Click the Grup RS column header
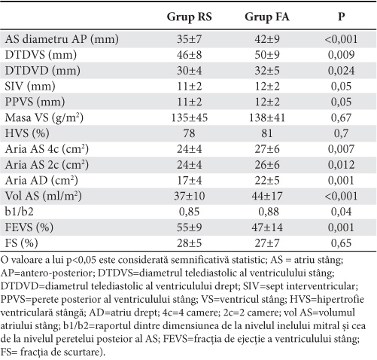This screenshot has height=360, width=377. click(x=189, y=17)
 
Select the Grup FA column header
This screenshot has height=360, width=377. click(x=267, y=17)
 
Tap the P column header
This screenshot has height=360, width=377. click(x=341, y=17)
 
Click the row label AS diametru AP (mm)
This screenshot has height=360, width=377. click(x=62, y=39)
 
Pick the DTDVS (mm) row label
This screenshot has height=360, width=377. click(x=41, y=55)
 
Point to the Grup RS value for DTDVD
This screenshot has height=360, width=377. click(x=189, y=71)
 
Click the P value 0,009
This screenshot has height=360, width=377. click(x=341, y=55)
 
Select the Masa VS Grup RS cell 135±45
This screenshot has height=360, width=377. click(x=189, y=117)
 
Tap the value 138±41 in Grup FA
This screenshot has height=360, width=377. click(x=267, y=117)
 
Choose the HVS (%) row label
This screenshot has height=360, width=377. click(x=27, y=133)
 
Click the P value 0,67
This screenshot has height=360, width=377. click(x=341, y=117)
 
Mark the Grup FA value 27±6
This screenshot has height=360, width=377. click(x=267, y=149)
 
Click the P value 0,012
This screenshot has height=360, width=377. click(x=341, y=165)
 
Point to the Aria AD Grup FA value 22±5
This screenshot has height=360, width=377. click(x=267, y=181)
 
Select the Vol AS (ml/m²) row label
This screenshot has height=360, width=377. click(x=44, y=196)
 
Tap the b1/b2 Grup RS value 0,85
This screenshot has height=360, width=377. click(x=189, y=212)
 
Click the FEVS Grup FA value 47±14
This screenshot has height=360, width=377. click(x=267, y=227)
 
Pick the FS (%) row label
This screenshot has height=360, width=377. click(x=21, y=243)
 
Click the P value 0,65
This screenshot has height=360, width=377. click(x=341, y=243)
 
